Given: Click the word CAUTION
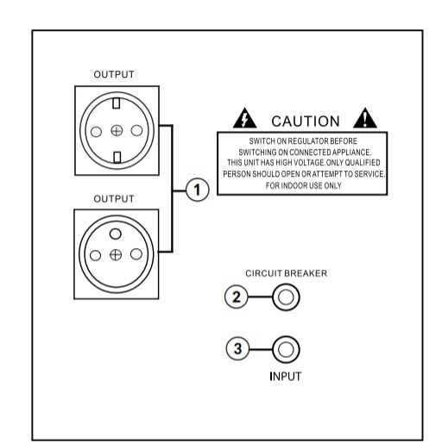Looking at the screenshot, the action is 306,122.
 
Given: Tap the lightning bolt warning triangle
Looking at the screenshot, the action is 245,118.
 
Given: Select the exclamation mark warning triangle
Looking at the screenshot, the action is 365,118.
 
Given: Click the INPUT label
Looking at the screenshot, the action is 286,377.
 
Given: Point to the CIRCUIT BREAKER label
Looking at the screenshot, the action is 287,273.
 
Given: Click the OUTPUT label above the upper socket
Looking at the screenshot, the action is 114,74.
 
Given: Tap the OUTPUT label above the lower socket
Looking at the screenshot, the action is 114,199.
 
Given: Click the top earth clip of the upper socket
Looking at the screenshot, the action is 117,103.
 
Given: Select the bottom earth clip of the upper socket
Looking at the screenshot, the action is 117,158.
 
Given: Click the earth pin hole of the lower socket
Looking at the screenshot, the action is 116,234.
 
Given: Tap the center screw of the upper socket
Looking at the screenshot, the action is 117,131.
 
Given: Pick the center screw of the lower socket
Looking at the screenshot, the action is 116,255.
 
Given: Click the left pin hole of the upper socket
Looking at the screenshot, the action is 96,132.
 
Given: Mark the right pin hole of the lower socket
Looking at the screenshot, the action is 136,254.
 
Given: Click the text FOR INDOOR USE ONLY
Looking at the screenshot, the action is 304,185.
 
